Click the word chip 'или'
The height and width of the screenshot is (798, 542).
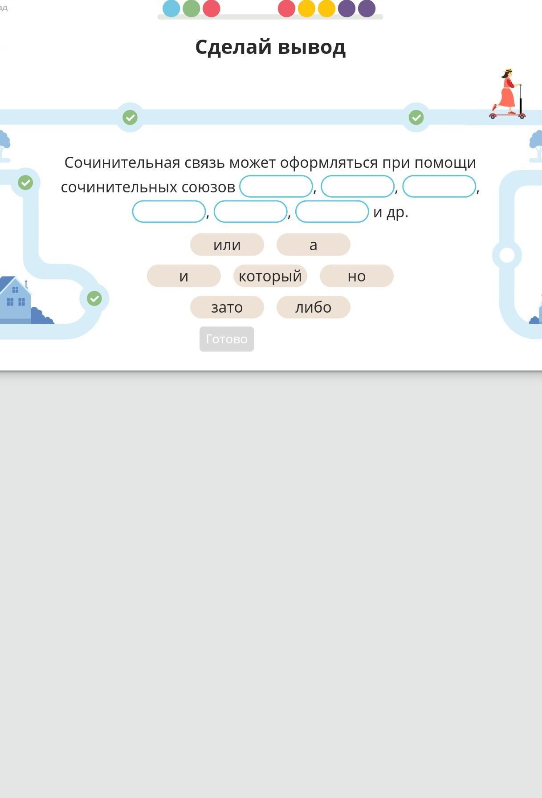(x=227, y=244)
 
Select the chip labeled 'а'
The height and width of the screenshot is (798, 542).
(x=313, y=244)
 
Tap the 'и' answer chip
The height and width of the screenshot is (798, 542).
(x=183, y=276)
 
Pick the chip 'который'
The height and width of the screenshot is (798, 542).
(x=270, y=276)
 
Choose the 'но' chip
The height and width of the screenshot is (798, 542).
(x=356, y=276)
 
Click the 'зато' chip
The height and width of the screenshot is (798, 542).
(x=227, y=307)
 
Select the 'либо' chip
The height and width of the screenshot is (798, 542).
(x=313, y=307)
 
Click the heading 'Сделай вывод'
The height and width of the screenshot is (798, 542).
(x=270, y=47)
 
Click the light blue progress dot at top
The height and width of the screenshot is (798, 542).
(x=171, y=8)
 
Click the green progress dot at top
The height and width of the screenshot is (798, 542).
(x=192, y=8)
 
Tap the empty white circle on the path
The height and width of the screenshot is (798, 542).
(x=507, y=255)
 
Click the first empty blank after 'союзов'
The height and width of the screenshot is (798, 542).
(x=276, y=186)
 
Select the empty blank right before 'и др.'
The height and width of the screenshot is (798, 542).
(x=332, y=212)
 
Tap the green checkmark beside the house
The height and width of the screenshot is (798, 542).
(x=94, y=298)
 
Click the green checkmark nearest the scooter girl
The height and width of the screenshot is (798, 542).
(x=416, y=118)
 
